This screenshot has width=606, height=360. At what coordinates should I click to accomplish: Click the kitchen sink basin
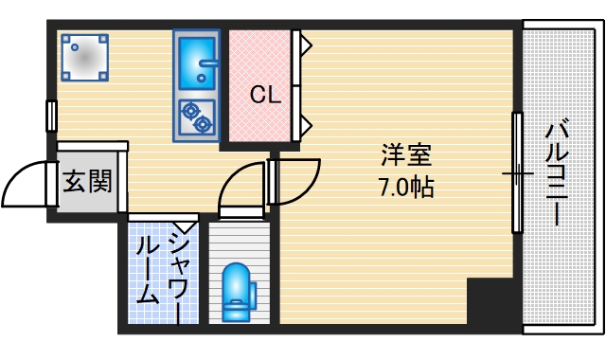(x=197, y=61)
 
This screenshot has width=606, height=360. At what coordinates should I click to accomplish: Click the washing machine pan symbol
(x=84, y=57)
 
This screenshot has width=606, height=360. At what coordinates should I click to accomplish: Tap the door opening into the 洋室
(x=295, y=180)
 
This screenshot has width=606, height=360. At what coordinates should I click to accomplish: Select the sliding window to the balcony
(x=518, y=172)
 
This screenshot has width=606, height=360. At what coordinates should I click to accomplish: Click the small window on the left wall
(x=51, y=114)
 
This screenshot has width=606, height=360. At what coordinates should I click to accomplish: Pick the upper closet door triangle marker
(x=306, y=43)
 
